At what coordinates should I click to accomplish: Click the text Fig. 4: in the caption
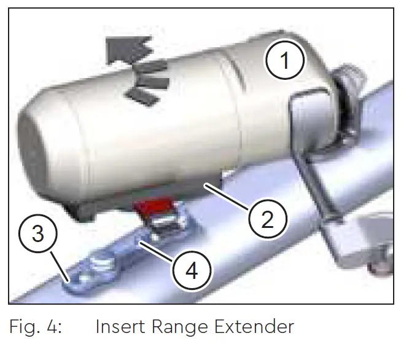click(x=36, y=326)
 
